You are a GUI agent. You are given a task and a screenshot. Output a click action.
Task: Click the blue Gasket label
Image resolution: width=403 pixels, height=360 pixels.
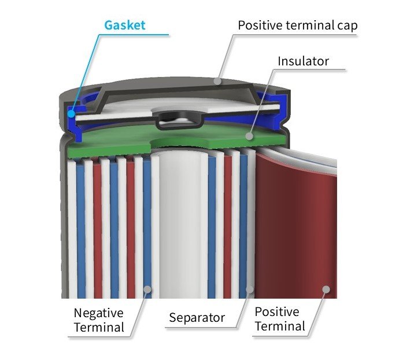point(124,25)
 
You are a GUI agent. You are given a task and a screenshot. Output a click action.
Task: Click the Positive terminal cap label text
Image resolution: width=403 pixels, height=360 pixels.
point(298,25)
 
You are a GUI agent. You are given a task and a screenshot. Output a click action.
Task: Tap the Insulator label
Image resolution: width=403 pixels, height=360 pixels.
point(303,61)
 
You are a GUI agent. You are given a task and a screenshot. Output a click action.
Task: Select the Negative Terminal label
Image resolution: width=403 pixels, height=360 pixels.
point(98,320)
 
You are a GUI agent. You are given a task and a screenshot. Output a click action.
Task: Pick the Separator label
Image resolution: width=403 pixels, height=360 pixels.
point(197,318)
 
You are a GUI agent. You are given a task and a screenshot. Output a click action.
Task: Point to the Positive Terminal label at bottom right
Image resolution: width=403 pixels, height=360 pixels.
point(280,319)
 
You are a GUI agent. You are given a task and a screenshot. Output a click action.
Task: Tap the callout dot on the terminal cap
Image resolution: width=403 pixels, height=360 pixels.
point(217,81)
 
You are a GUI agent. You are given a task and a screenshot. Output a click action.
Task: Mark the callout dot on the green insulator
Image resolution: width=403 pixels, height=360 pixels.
point(249,137)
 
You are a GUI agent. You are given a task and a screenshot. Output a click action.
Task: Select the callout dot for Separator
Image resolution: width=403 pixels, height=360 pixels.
point(250,288)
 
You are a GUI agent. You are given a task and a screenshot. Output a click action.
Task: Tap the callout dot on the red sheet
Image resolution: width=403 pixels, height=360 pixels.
point(326,288)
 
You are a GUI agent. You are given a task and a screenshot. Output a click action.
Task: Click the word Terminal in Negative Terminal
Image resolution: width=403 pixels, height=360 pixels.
point(98,328)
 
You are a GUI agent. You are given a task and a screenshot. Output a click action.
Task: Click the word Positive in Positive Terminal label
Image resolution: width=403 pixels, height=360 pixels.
point(277,312)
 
